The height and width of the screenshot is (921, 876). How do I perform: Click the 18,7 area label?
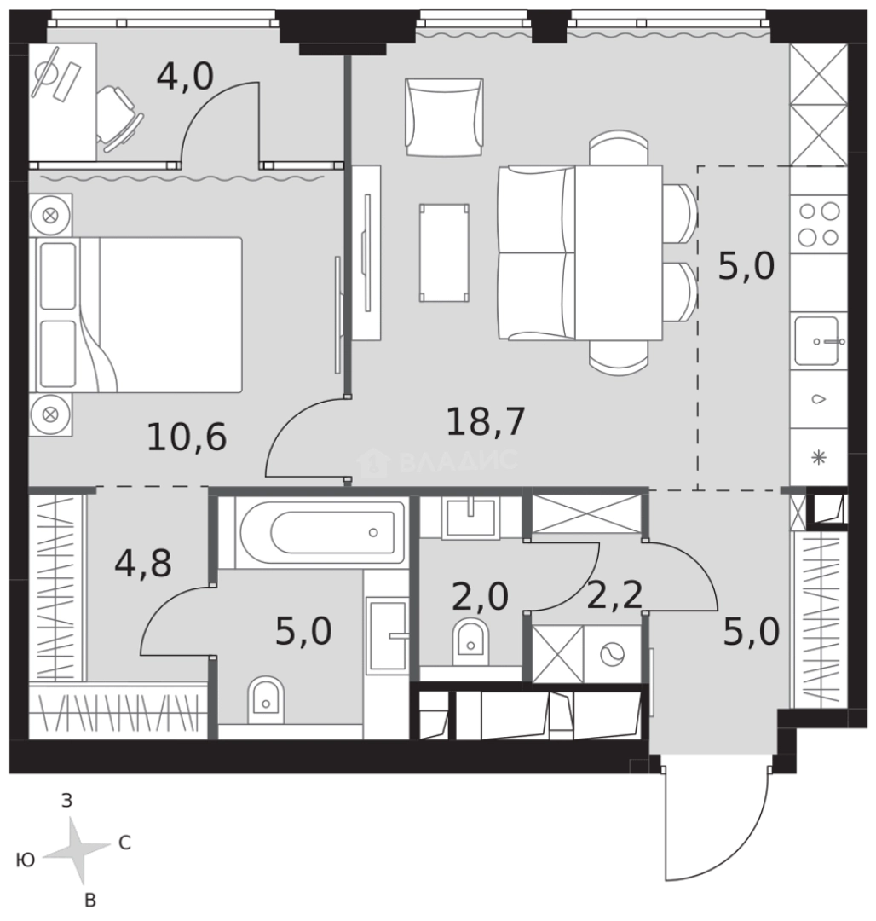[485, 422]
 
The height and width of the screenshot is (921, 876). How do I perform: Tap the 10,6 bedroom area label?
[186, 437]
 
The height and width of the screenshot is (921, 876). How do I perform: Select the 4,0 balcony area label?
[185, 77]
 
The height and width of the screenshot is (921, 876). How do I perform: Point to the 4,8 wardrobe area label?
[143, 563]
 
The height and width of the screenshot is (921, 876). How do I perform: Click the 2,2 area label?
[614, 595]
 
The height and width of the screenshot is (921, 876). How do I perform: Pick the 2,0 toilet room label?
[480, 596]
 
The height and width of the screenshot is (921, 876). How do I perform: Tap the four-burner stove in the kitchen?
[819, 223]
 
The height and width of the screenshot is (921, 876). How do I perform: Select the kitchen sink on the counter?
[816, 340]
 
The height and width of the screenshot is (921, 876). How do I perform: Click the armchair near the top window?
[444, 118]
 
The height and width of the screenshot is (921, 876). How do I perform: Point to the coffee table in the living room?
[444, 252]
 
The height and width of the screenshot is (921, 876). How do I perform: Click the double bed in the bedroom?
[140, 314]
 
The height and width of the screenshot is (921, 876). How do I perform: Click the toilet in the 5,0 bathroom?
[266, 699]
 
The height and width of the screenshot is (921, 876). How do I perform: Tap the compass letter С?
[124, 843]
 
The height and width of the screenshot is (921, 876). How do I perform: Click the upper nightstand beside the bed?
[50, 215]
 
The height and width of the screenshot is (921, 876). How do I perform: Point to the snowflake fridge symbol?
[819, 458]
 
